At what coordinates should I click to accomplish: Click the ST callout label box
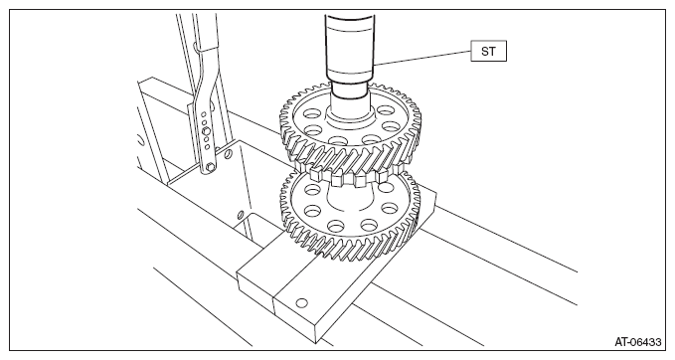click(488, 51)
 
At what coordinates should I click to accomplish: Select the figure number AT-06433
click(637, 342)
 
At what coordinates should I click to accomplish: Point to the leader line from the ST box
click(422, 59)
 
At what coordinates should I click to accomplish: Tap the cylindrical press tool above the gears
click(349, 48)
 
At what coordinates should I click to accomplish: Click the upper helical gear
click(350, 129)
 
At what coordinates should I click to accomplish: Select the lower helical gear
click(350, 216)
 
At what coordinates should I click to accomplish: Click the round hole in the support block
click(302, 303)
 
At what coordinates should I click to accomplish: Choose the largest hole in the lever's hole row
click(206, 130)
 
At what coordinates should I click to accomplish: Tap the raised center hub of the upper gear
click(349, 115)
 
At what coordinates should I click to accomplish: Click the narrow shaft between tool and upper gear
click(349, 92)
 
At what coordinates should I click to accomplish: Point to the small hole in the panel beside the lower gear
click(241, 214)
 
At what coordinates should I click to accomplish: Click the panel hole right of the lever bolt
click(229, 154)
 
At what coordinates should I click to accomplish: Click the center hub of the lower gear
click(350, 199)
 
